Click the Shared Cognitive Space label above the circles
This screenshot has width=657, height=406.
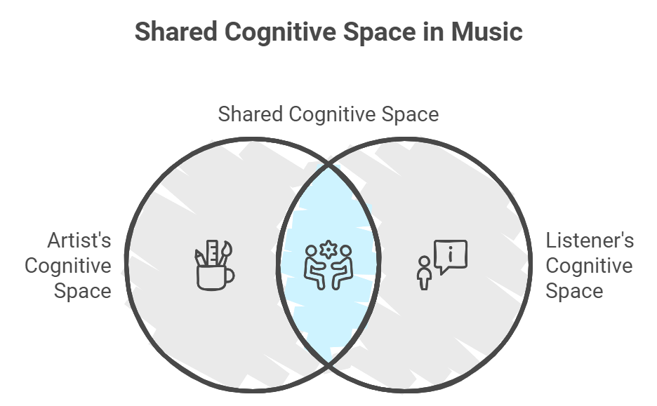pos(328,114)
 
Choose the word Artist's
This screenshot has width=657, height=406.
pos(79,241)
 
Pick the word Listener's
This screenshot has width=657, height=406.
pos(590,241)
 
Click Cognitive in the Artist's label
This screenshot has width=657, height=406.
pos(68,266)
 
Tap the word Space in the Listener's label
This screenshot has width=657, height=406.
pos(573,291)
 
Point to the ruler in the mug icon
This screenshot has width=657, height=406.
pos(212,252)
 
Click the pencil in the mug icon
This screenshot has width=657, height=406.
pos(199,257)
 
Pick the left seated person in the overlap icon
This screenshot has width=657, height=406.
pos(313,266)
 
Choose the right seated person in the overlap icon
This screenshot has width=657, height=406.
pos(342,266)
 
